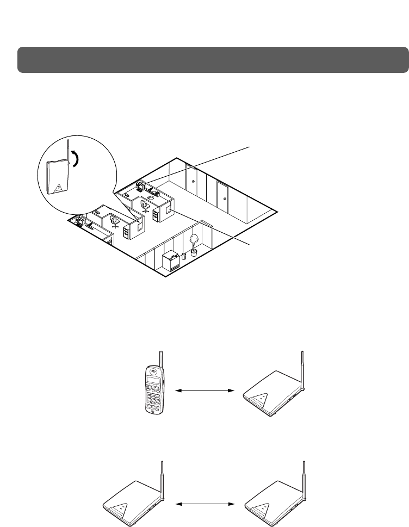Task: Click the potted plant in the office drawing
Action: point(193,244)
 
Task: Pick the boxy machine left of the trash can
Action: point(171,261)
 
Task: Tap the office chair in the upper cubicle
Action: point(145,206)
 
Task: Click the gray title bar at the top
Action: point(213,59)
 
